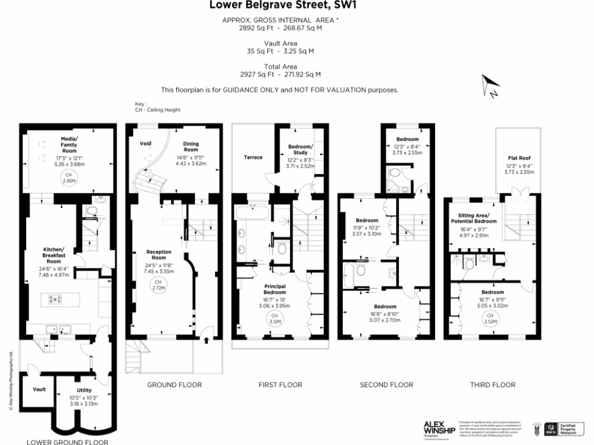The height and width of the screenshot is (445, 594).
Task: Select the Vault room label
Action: click(x=39, y=389)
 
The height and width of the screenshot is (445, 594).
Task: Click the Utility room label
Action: click(x=85, y=391)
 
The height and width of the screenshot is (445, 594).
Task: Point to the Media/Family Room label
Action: click(x=69, y=143)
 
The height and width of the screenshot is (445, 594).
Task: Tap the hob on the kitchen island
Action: click(x=56, y=300)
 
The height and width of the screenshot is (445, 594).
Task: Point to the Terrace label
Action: click(x=253, y=157)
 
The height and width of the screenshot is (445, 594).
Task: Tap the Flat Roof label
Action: click(x=519, y=158)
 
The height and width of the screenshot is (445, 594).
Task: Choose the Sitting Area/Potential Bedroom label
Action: click(x=473, y=218)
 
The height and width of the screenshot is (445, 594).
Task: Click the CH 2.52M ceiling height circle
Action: click(x=491, y=318)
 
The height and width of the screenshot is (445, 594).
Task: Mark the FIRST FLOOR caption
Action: click(x=280, y=385)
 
